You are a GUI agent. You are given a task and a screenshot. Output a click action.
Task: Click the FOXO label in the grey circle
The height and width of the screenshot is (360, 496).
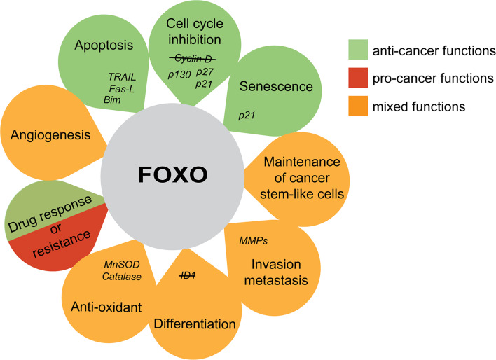(x=171, y=171)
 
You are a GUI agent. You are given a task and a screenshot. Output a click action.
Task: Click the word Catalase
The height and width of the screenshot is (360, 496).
(x=123, y=277)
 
